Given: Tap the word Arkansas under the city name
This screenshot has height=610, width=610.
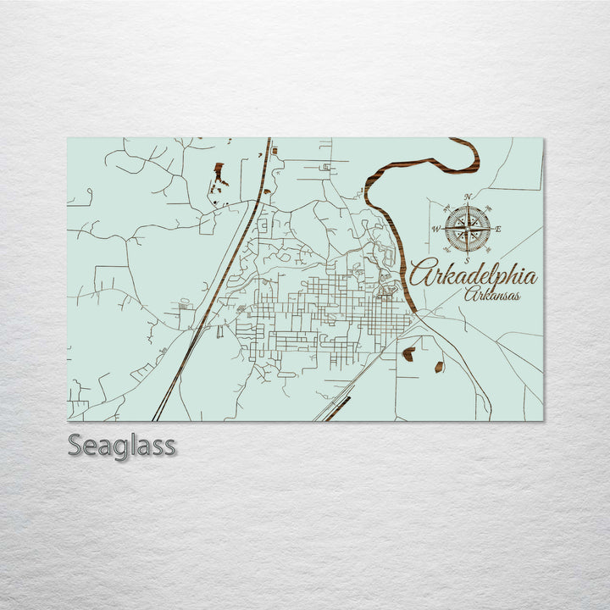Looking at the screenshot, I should pos(492,294).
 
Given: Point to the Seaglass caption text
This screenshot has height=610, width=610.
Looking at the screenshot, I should pos(121,446).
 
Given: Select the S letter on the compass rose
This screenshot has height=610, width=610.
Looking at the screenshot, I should pos(468,260).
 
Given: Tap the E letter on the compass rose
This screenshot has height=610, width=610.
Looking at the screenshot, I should pos(498,229).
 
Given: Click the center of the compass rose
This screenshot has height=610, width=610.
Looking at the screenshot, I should pos(468,228).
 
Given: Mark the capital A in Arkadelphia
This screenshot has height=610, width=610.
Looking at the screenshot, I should pos(422,273).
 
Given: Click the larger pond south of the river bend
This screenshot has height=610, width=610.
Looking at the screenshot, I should pos(408,353).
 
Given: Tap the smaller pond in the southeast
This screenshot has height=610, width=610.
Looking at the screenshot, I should pos(439,366).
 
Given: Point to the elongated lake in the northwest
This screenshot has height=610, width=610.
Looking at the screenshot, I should pos(219,176).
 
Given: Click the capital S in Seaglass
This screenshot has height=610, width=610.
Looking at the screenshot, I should pos(75,446).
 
